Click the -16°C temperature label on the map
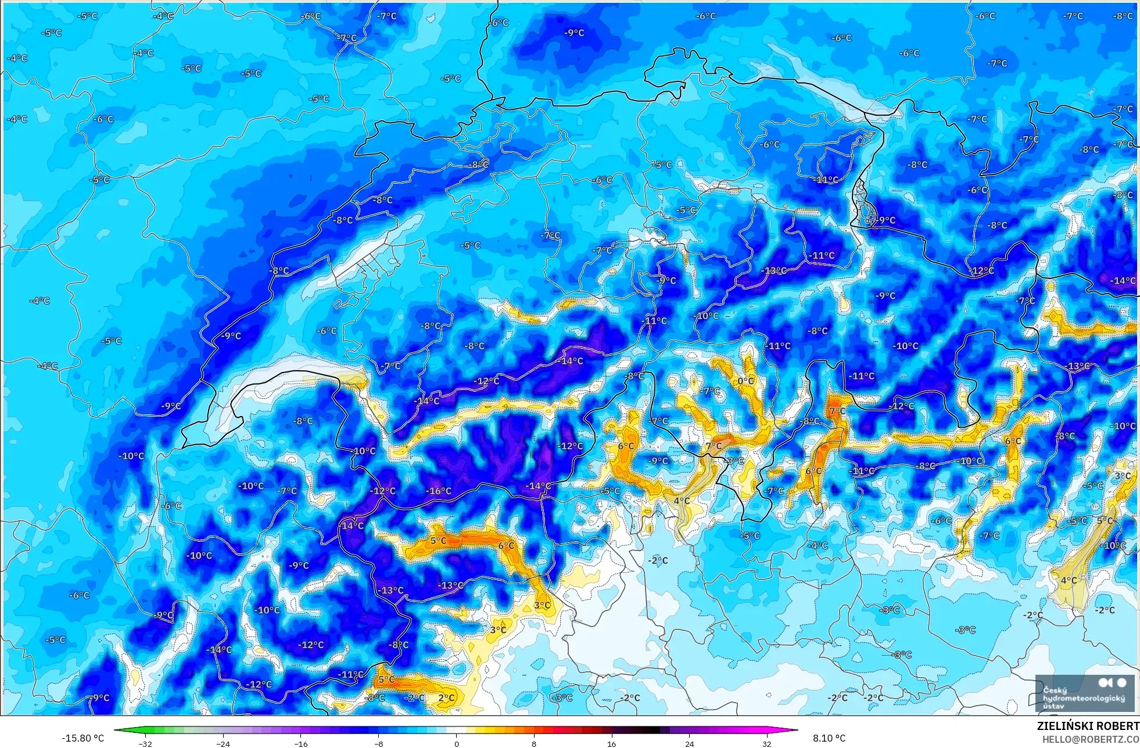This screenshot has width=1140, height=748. (439, 491)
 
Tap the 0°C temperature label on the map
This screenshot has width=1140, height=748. (745, 381)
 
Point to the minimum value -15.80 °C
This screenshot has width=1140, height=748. (83, 738)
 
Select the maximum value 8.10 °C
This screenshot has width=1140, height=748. (829, 738)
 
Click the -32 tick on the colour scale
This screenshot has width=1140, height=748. (145, 743)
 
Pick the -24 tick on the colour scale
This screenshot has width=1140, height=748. (223, 743)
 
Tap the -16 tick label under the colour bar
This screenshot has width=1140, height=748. (300, 743)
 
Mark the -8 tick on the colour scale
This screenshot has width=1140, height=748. (378, 743)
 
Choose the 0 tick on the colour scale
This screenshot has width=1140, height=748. (456, 743)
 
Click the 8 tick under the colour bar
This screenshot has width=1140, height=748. (534, 743)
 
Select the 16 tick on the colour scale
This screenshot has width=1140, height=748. (611, 743)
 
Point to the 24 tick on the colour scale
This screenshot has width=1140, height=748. (689, 743)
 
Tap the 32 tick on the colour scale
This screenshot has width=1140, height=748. (767, 743)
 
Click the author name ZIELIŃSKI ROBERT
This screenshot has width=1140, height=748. (1088, 726)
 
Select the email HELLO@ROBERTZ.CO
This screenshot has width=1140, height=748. (1090, 739)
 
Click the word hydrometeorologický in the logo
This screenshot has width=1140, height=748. (1084, 698)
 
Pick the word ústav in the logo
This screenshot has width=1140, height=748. (1055, 706)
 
